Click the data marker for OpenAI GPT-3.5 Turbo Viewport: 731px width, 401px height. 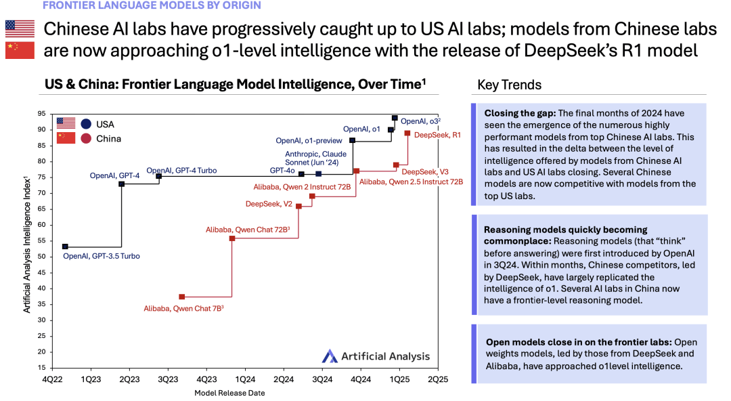tap(65, 247)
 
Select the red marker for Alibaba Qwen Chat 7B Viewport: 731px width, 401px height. tap(182, 297)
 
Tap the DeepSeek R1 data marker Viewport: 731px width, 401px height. tap(407, 133)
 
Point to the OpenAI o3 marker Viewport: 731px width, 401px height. tap(395, 118)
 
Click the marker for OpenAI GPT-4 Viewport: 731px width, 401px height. tap(122, 184)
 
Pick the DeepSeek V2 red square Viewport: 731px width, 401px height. tap(299, 207)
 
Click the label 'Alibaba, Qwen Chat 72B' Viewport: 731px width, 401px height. tap(248, 230)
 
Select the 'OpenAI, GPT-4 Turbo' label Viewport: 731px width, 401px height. tap(181, 171)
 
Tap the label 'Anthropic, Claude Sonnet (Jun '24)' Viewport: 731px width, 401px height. tap(315, 159)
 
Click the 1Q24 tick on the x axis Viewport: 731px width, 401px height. tap(245, 379)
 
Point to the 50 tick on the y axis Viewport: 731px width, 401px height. tap(42, 257)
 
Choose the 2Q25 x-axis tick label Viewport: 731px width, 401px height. tap(438, 379)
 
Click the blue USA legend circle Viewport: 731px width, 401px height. tap(86, 124)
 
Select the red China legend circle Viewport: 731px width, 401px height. tap(86, 139)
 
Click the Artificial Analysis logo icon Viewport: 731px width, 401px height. tap(330, 356)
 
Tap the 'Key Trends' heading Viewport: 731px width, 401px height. tap(509, 85)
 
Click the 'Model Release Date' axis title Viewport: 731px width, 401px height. tap(229, 393)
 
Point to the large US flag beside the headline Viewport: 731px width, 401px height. tap(20, 28)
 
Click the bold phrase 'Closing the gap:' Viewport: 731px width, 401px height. tap(520, 113)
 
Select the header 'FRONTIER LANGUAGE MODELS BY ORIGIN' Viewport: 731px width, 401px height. tap(152, 5)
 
